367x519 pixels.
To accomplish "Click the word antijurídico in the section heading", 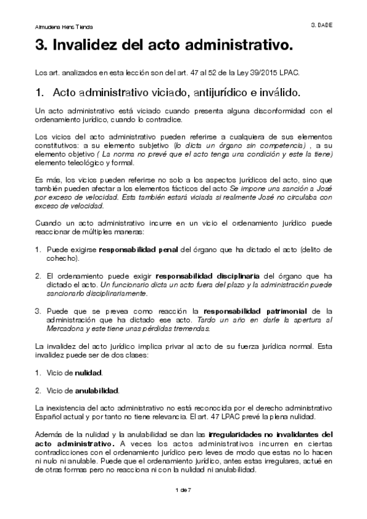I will [227, 94].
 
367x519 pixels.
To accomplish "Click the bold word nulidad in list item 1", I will [89, 373].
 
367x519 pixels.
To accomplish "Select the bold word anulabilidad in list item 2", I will [96, 390].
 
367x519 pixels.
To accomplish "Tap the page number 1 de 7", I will [183, 491].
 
